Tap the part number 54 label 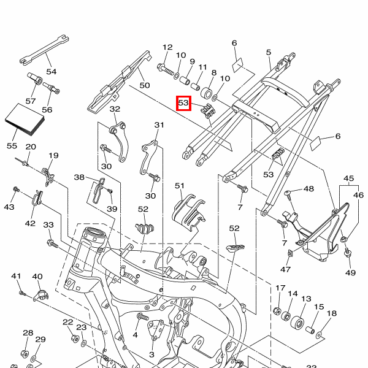tap(51, 72)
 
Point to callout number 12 tap(167, 48)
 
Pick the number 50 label tap(145, 85)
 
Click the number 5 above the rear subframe tap(268, 53)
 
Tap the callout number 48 tap(308, 189)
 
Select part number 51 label tap(179, 185)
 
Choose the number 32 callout tap(115, 109)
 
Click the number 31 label tap(159, 125)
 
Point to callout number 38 tap(80, 177)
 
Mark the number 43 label tap(9, 207)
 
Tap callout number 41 tap(17, 276)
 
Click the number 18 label tap(332, 313)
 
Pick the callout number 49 tap(350, 272)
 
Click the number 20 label tap(31, 147)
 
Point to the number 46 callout tap(359, 195)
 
